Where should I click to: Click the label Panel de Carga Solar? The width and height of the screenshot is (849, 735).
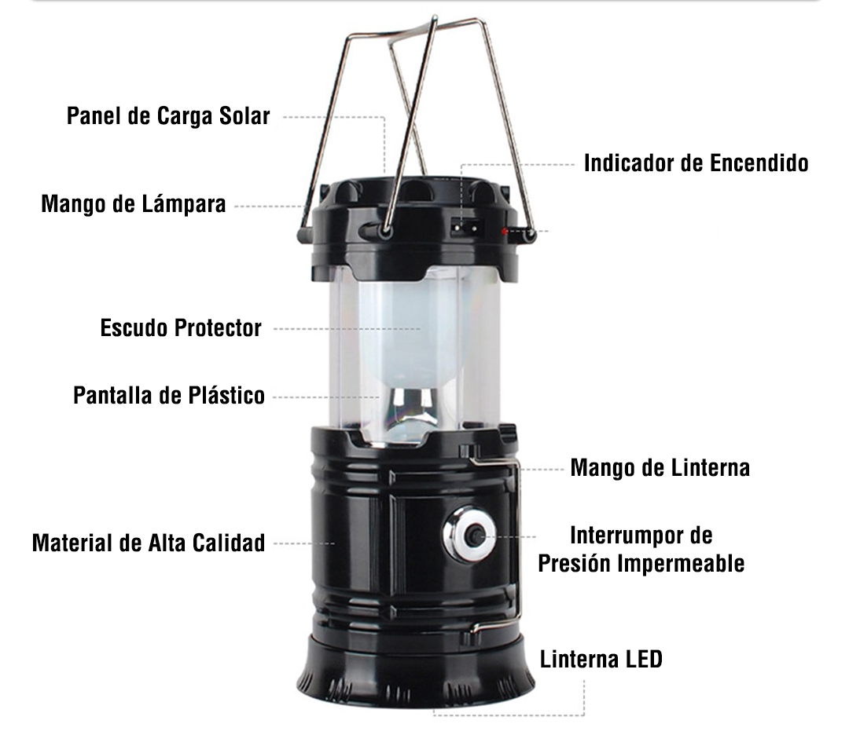coord(168,116)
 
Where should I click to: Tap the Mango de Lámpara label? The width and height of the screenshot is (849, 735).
coord(134,204)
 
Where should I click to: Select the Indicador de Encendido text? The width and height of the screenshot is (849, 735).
coord(696,163)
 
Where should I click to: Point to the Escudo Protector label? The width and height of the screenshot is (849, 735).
coord(181,327)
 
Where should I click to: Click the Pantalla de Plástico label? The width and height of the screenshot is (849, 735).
coord(169,395)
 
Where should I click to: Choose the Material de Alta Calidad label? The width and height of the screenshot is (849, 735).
coord(149,543)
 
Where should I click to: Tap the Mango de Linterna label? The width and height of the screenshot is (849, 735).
coord(660,468)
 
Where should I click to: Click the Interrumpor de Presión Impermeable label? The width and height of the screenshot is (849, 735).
coord(641,550)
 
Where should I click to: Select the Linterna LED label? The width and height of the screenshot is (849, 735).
coord(601,659)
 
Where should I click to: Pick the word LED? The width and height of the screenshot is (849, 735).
coord(644,659)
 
